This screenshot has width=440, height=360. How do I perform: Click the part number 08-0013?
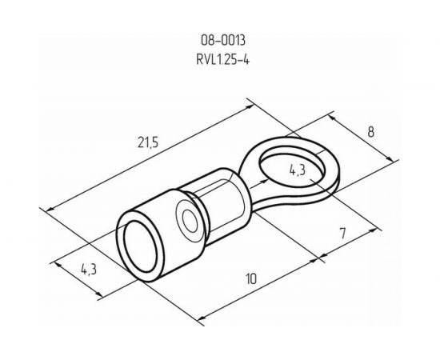click(x=223, y=40)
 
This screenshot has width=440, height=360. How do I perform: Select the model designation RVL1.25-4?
click(x=222, y=59)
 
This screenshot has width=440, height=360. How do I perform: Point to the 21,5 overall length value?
click(x=148, y=142)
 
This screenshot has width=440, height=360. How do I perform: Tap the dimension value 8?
click(x=371, y=132)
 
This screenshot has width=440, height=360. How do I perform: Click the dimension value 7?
click(x=342, y=234)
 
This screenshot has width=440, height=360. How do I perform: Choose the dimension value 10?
click(x=251, y=278)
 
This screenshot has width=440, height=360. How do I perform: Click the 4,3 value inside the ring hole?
click(x=297, y=170)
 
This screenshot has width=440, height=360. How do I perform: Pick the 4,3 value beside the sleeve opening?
click(x=89, y=270)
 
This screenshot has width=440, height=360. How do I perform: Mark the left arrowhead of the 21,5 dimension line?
click(x=50, y=209)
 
